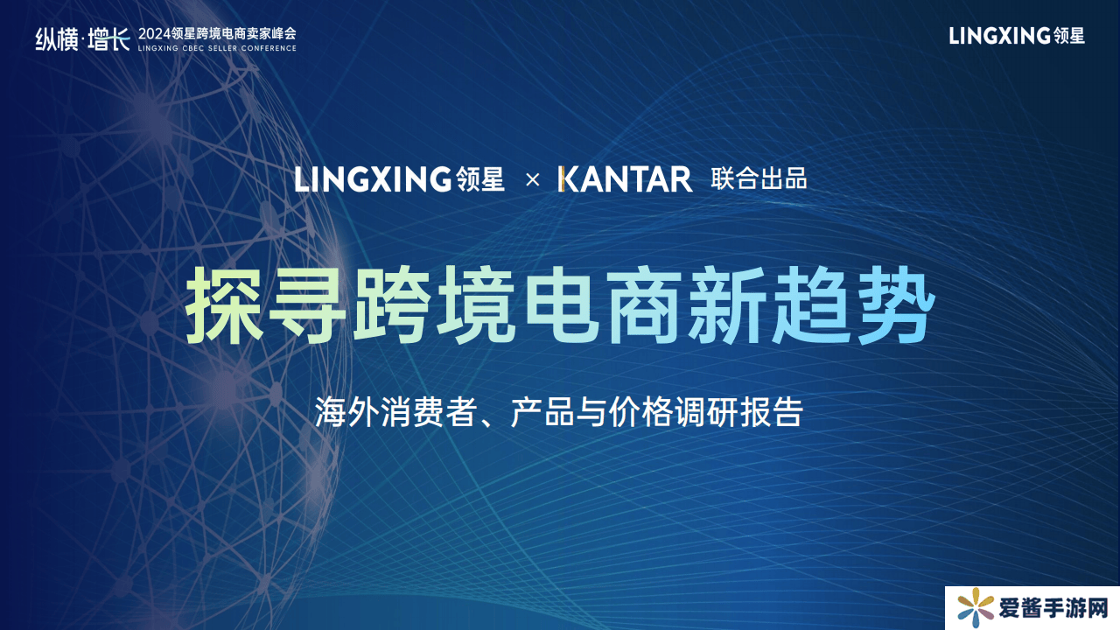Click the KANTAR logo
(x=625, y=179)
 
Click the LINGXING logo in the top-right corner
(x=1017, y=36)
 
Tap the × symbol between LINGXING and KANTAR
(x=533, y=179)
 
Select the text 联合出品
(x=759, y=179)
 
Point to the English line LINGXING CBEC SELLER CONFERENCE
(x=217, y=48)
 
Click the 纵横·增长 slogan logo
(x=83, y=39)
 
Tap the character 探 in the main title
(x=225, y=305)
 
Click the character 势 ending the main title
(x=894, y=305)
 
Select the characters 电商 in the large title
(x=603, y=305)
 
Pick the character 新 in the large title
(x=727, y=305)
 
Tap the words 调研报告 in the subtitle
(x=739, y=412)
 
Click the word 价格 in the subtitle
(x=641, y=412)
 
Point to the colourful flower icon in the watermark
(x=975, y=608)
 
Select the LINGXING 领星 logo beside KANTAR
(x=399, y=179)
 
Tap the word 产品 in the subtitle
(x=542, y=412)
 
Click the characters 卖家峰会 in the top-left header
(x=270, y=34)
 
